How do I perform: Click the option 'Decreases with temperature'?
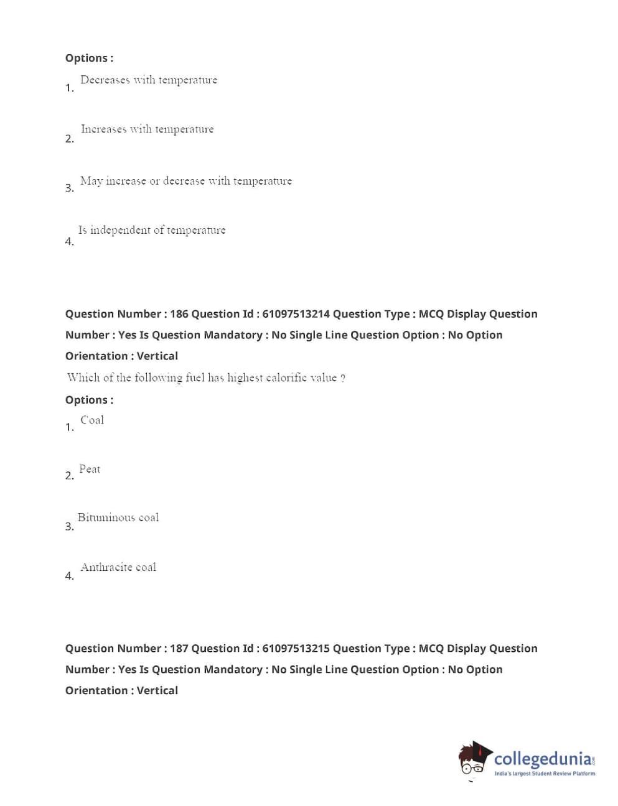click(x=149, y=80)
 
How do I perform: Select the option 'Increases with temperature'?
click(x=147, y=129)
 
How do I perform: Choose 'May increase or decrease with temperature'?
click(x=185, y=181)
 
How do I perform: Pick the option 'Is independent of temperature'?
click(x=152, y=230)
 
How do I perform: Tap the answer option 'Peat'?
click(x=90, y=470)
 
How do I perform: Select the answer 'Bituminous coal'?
click(x=118, y=517)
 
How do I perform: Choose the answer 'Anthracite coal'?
click(x=118, y=567)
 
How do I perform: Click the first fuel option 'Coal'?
click(x=92, y=420)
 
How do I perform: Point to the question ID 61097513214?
click(x=296, y=314)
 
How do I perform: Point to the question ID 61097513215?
click(x=296, y=649)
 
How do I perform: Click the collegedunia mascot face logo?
click(x=474, y=759)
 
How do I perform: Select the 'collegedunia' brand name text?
click(x=543, y=759)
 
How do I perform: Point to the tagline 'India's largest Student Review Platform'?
click(x=545, y=774)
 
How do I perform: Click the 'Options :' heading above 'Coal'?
click(x=89, y=400)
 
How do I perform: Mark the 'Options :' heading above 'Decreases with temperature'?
click(x=89, y=58)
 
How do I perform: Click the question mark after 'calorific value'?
click(x=343, y=378)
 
